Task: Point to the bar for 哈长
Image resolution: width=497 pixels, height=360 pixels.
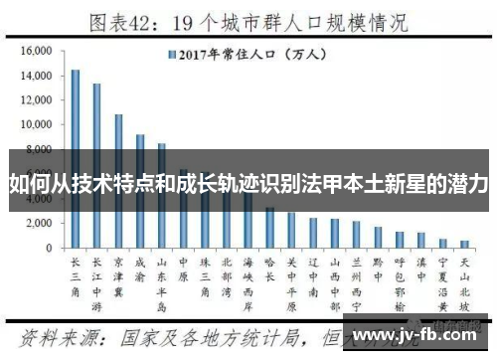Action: [x=269, y=228]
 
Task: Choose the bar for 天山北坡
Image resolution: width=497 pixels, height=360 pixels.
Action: [x=464, y=244]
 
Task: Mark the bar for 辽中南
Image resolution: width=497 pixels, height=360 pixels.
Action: [x=313, y=233]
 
